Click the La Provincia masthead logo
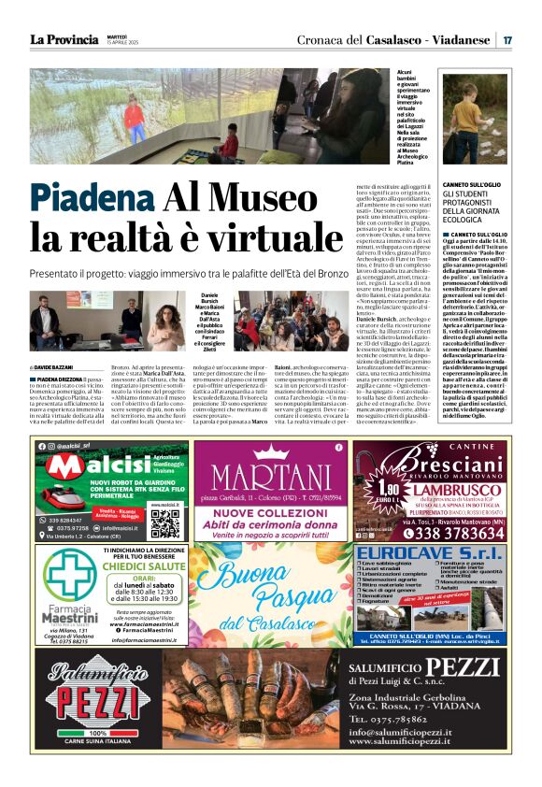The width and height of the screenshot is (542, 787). click(x=64, y=39)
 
